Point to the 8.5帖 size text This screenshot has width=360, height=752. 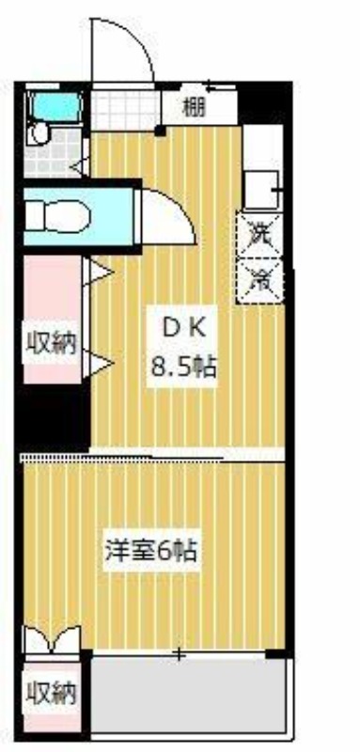(184, 366)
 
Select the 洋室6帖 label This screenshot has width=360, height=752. (150, 551)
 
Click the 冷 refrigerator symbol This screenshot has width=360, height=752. (258, 279)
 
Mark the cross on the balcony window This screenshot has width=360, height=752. (178, 652)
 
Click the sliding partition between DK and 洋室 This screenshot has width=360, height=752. (122, 458)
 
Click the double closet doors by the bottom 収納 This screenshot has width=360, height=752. (52, 642)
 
